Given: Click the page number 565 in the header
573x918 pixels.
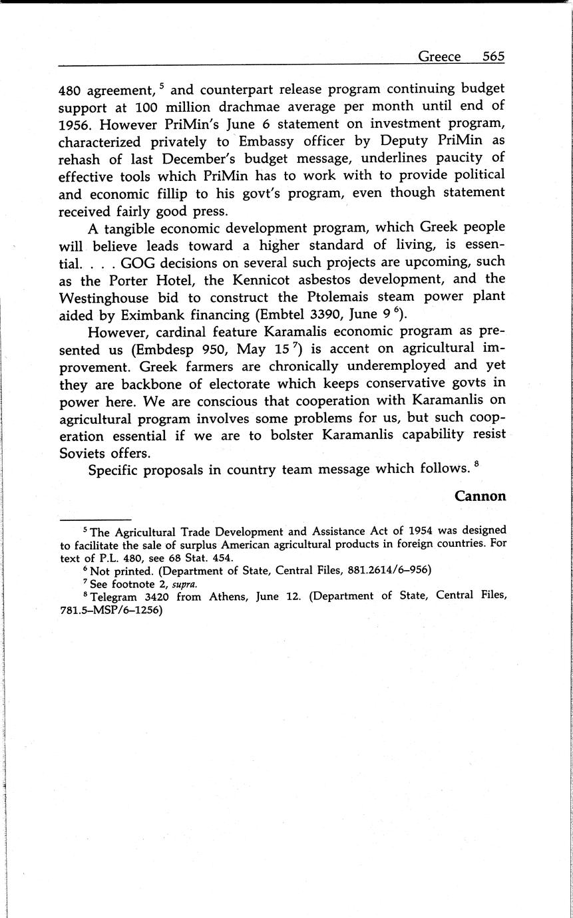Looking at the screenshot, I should click(494, 57).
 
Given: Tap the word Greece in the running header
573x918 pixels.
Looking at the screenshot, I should click(439, 57).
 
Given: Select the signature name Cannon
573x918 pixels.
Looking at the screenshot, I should click(480, 496).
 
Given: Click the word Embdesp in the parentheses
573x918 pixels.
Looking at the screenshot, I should click(163, 349).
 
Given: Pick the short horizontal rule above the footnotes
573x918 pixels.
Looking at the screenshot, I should click(95, 520).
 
